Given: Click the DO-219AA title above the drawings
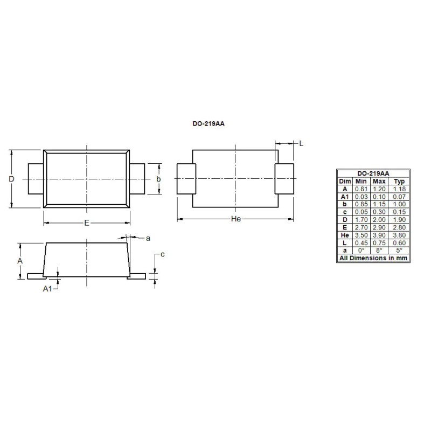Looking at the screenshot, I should point(208,123).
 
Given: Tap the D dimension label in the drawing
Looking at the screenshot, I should point(11,179).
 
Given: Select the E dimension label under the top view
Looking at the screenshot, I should point(87,223).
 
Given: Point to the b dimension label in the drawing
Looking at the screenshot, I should point(158,179).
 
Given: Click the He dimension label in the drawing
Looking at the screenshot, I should point(235,219).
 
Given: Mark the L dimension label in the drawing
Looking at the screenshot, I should point(301,143).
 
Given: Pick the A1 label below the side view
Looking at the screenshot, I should point(47,289).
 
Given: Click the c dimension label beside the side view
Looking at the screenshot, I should point(162,254).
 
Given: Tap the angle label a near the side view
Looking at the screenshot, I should point(148,238).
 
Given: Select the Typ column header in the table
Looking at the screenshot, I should point(399,182).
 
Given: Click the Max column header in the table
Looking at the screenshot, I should point(379,182).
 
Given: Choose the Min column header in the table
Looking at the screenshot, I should point(361,182).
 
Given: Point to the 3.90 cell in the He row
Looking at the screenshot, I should point(379,235).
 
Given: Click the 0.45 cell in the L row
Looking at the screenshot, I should point(361,243).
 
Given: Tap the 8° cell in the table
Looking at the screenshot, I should point(379,251).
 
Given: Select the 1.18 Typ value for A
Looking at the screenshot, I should point(399,189).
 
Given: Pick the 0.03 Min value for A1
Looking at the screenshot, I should point(361,197).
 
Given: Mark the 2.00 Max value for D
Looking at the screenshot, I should point(379,220).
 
